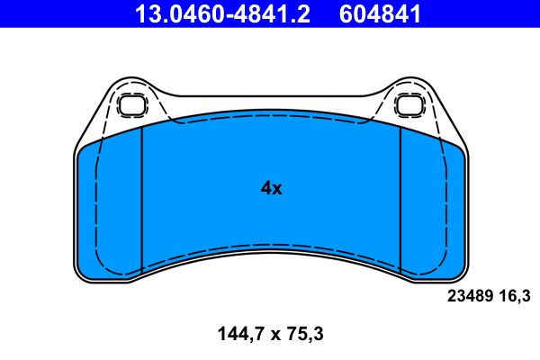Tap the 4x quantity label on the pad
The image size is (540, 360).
pyautogui.click(x=271, y=188)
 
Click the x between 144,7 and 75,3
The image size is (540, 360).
pyautogui.click(x=268, y=335)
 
